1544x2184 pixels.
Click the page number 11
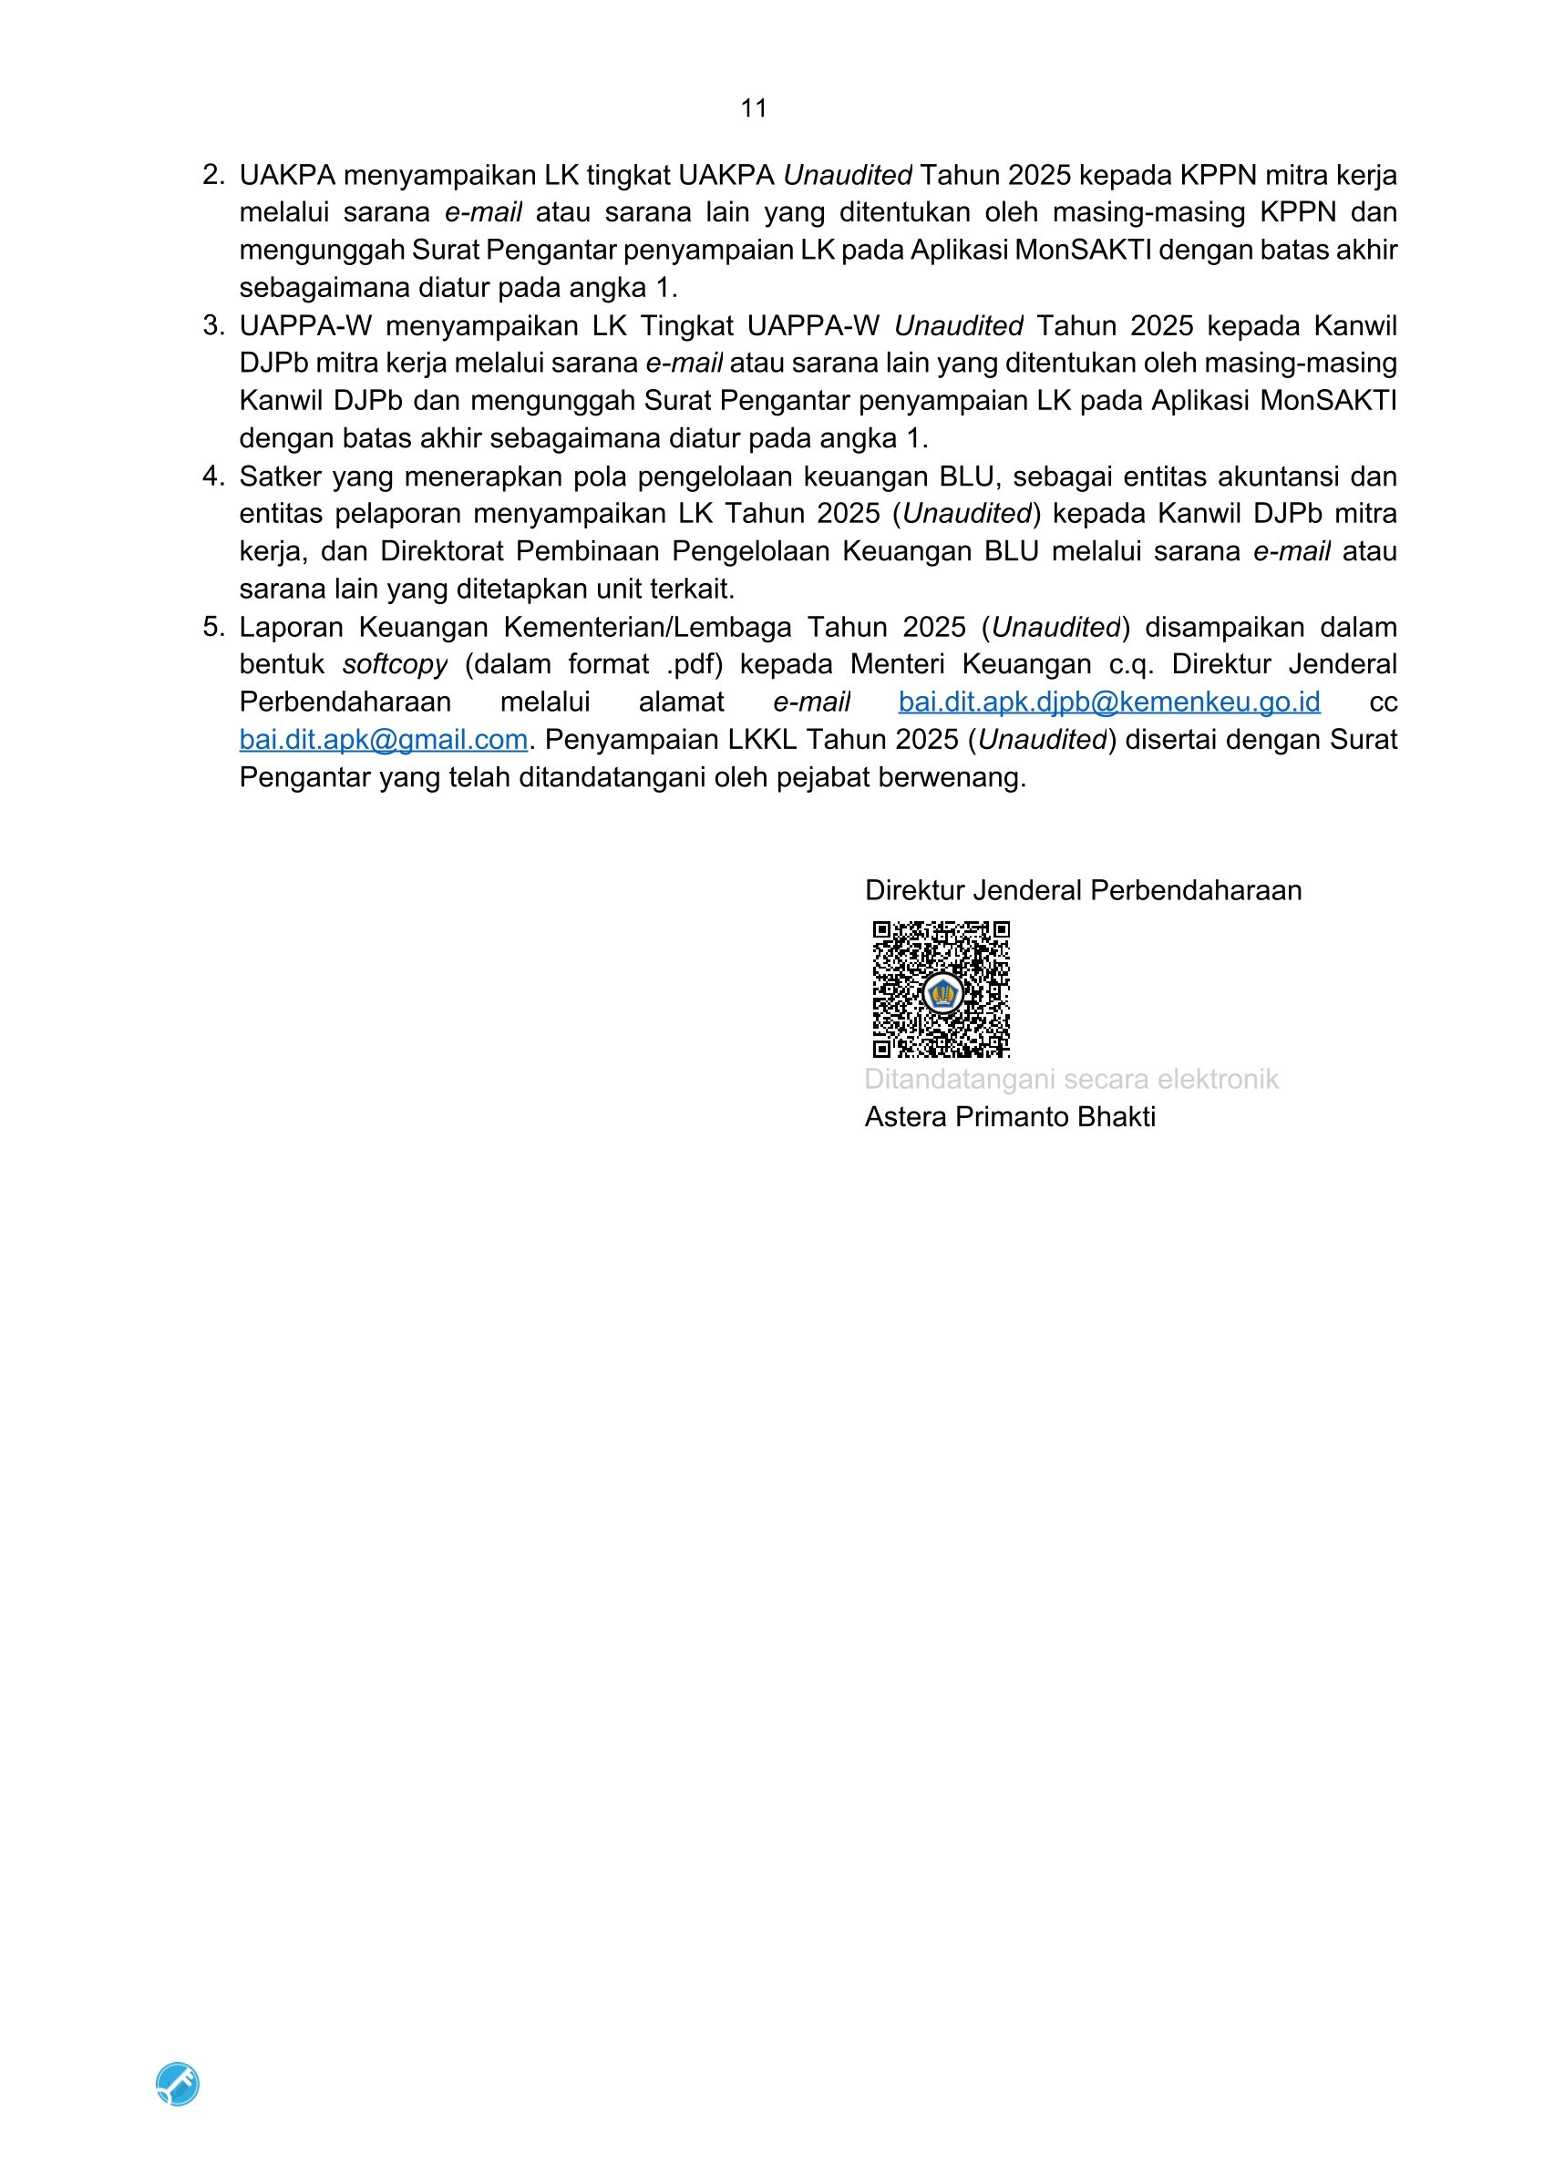pos(754,108)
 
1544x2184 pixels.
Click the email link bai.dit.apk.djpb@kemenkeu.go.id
pos(1108,702)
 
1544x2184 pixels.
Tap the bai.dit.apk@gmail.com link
pos(384,740)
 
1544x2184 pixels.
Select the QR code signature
pos(941,989)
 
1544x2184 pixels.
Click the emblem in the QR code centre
pos(942,994)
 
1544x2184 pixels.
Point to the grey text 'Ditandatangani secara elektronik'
pos(1070,1080)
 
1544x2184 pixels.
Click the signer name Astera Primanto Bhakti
pos(1009,1117)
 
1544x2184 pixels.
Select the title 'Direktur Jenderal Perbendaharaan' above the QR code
pos(1083,890)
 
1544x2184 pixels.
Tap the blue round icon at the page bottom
pos(178,2083)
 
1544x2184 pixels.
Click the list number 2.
pos(212,175)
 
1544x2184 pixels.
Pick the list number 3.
pos(212,325)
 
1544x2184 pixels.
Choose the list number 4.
pos(212,476)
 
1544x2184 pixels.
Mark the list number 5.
pos(212,627)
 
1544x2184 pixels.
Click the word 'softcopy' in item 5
pos(395,664)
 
